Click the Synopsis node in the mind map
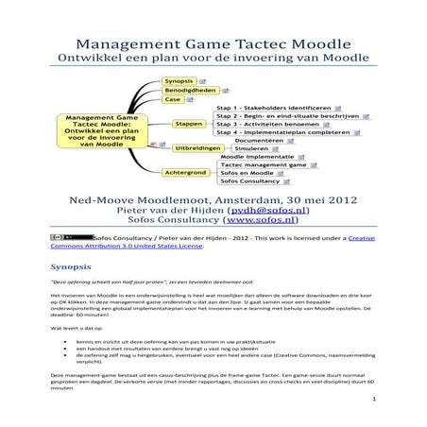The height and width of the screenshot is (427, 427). click(x=179, y=82)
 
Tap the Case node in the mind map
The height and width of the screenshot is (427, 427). click(x=173, y=99)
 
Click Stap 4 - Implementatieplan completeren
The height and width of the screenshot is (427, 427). click(x=280, y=133)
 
